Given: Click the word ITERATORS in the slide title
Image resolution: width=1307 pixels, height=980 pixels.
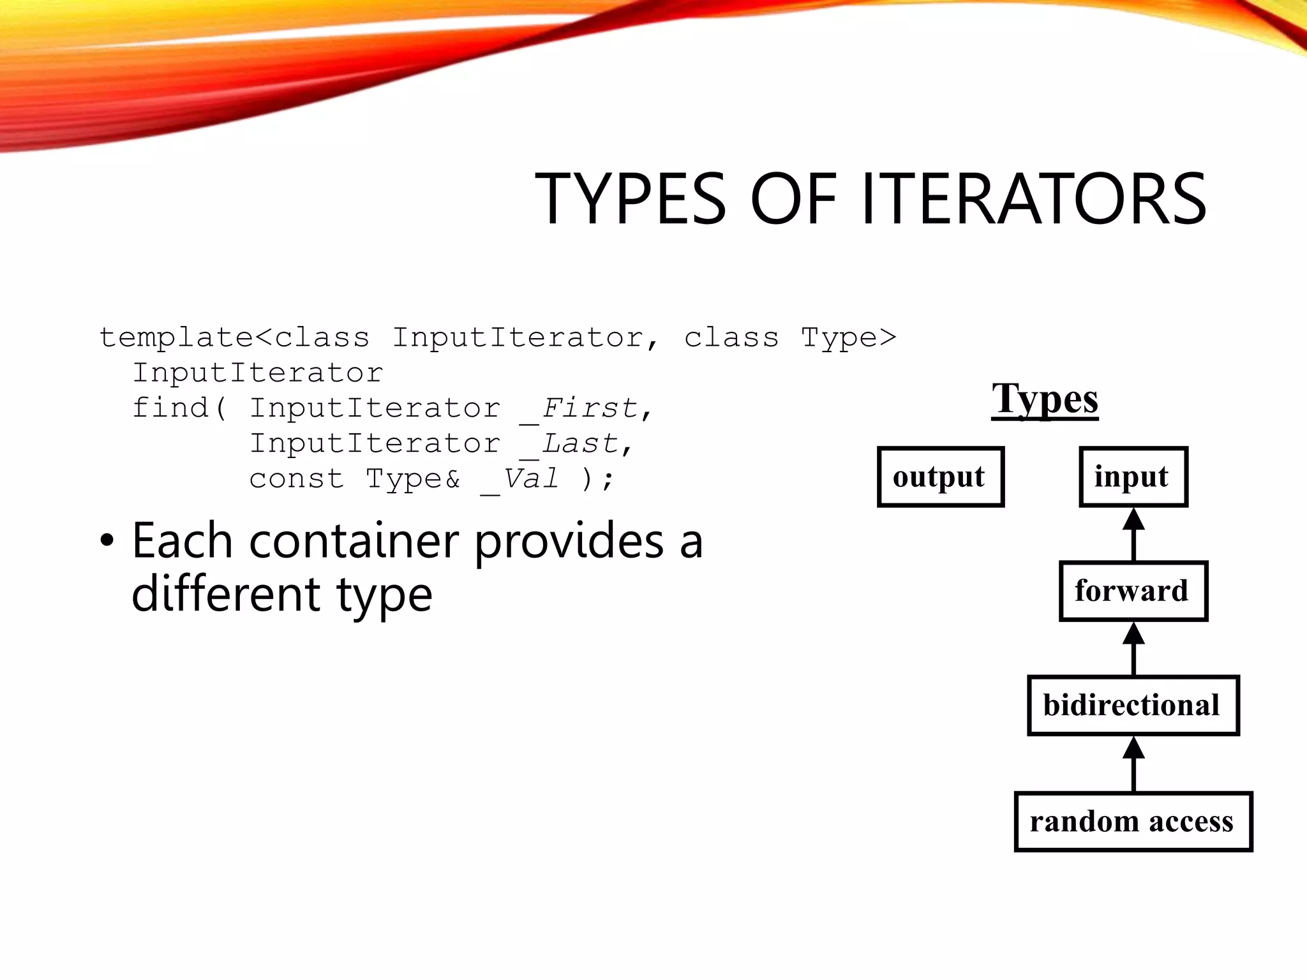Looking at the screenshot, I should pyautogui.click(x=1034, y=199).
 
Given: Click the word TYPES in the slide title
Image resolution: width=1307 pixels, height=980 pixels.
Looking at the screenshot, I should pyautogui.click(x=631, y=199).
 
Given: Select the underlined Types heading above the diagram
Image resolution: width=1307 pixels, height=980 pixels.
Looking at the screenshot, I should pyautogui.click(x=1045, y=399).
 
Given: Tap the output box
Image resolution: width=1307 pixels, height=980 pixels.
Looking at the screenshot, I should pyautogui.click(x=940, y=477).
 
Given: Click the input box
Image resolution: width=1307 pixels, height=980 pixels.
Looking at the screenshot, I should pyautogui.click(x=1133, y=477).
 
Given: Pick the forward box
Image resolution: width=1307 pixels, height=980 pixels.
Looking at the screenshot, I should pyautogui.click(x=1133, y=591).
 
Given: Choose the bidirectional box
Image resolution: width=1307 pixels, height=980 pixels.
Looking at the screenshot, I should pyautogui.click(x=1133, y=706).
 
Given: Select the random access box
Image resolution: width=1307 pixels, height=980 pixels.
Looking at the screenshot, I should pyautogui.click(x=1133, y=822).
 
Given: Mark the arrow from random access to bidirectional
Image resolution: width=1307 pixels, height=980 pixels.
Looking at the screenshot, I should pyautogui.click(x=1133, y=764).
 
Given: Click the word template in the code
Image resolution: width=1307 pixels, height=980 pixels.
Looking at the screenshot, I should pyautogui.click(x=177, y=338).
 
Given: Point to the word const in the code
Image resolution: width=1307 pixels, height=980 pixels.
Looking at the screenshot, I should pyautogui.click(x=296, y=479).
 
